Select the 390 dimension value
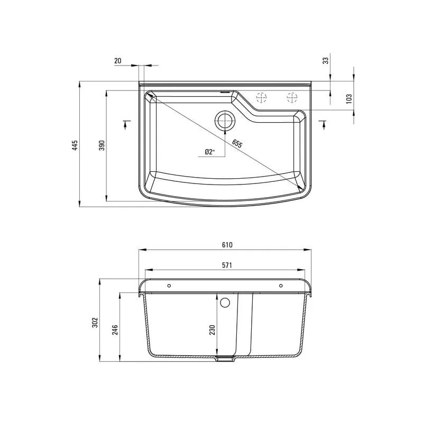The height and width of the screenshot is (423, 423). click(x=102, y=145)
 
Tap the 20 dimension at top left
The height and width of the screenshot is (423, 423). click(x=117, y=61)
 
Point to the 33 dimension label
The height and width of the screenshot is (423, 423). click(x=326, y=60)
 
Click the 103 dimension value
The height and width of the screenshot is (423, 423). click(x=349, y=99)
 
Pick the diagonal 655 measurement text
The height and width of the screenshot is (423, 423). click(x=237, y=144)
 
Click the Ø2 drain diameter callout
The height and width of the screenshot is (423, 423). click(x=209, y=152)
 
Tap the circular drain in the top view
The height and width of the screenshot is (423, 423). click(x=225, y=121)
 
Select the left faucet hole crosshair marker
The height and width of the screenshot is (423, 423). click(x=261, y=97)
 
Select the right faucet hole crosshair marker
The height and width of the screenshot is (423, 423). click(x=292, y=97)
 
